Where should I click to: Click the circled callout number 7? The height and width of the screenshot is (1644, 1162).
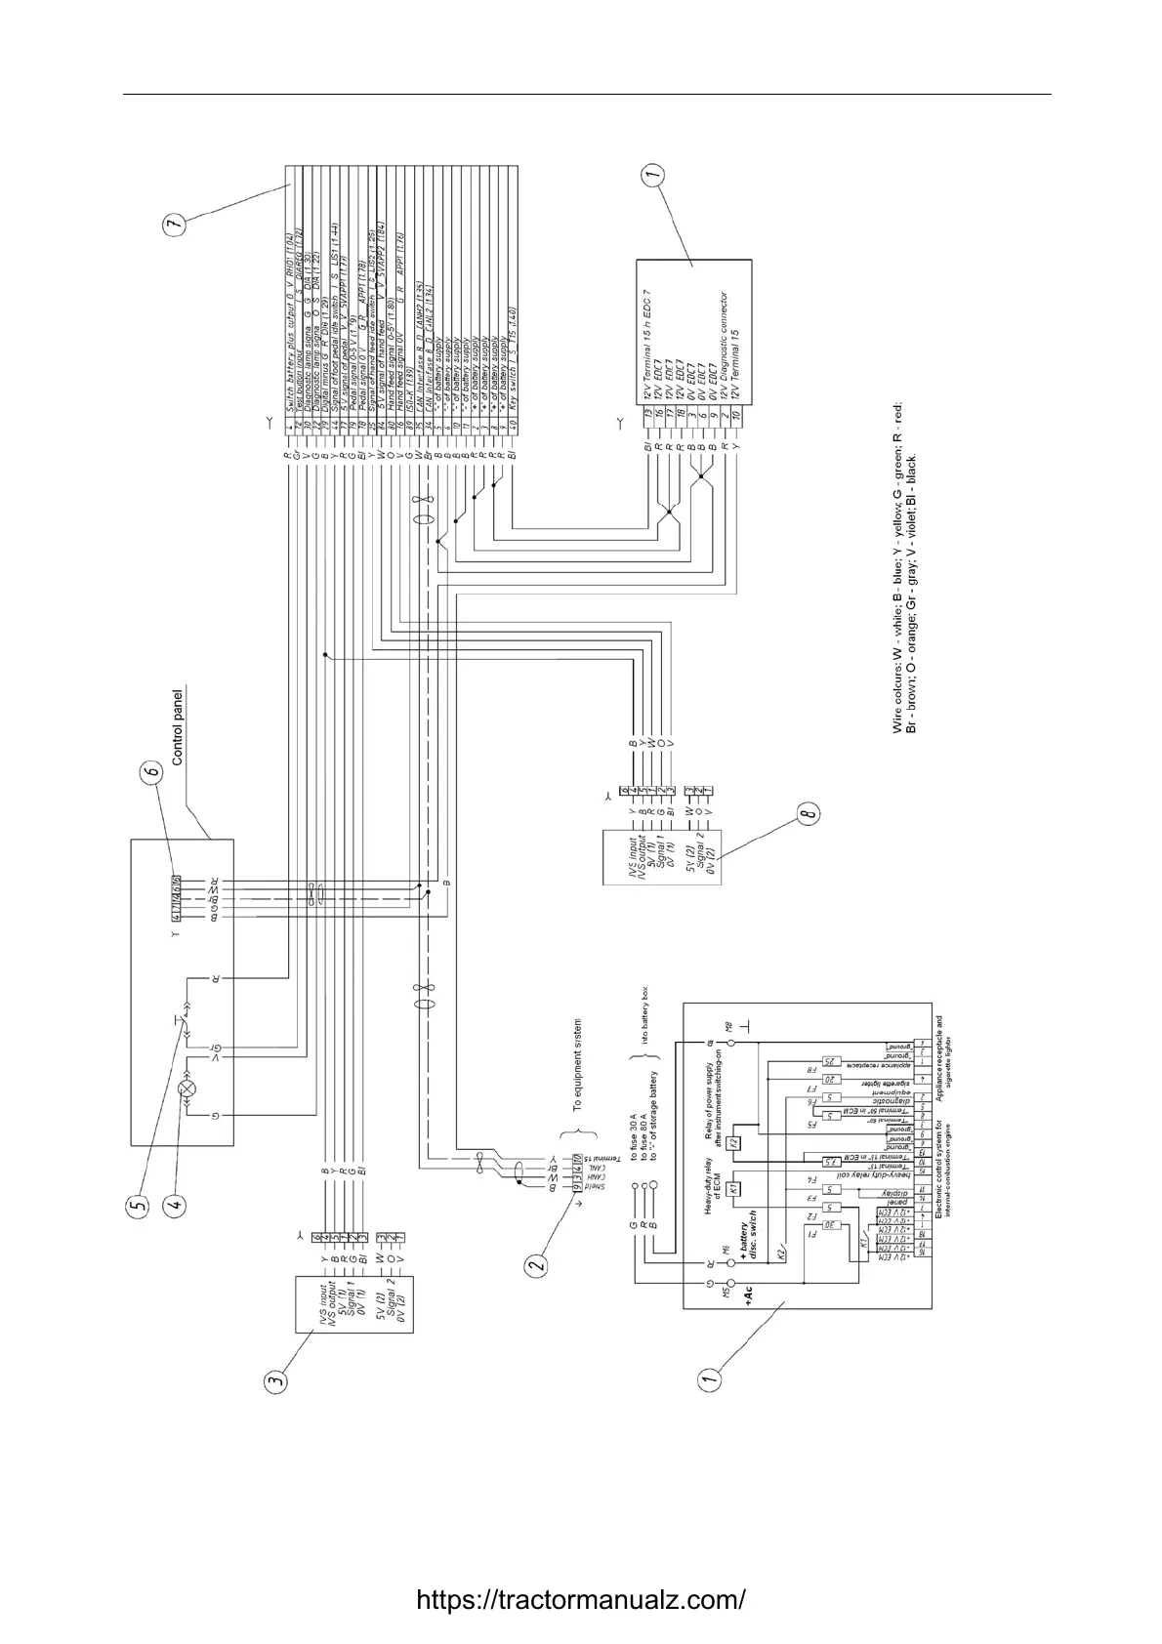[x=175, y=224]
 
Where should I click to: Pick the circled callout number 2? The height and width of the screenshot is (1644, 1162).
[x=536, y=1265]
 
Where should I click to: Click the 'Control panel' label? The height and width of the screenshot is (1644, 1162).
[x=178, y=728]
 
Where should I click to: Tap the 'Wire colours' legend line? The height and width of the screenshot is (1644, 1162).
[x=898, y=567]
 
